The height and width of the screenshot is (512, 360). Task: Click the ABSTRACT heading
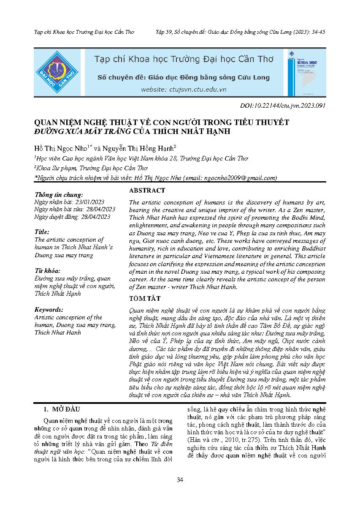[147, 191]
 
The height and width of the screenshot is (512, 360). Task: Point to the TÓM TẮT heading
[145, 299]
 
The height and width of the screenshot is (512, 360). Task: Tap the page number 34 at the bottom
[180, 479]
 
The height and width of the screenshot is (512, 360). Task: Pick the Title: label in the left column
[42, 232]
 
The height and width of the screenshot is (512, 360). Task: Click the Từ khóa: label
[47, 271]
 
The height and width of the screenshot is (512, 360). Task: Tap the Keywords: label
[49, 309]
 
